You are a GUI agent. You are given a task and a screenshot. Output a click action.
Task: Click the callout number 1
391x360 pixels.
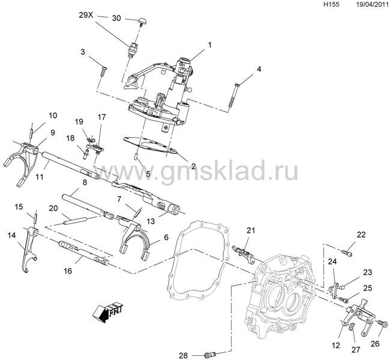pyautogui.click(x=210, y=45)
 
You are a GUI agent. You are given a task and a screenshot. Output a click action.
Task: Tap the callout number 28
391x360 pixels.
pyautogui.click(x=183, y=356)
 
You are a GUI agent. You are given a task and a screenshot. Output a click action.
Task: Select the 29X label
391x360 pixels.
pyautogui.click(x=86, y=15)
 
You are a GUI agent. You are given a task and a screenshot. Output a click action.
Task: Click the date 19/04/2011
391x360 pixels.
pyautogui.click(x=372, y=4)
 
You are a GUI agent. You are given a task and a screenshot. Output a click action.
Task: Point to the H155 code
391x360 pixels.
pyautogui.click(x=331, y=4)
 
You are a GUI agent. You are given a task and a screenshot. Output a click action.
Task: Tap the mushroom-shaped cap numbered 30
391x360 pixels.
pyautogui.click(x=142, y=22)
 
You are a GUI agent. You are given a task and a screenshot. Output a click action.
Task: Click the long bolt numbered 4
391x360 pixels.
pyautogui.click(x=233, y=96)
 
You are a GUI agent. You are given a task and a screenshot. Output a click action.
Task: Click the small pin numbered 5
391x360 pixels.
pyautogui.click(x=136, y=157)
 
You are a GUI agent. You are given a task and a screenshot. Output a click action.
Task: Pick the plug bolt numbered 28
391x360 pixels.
pyautogui.click(x=210, y=354)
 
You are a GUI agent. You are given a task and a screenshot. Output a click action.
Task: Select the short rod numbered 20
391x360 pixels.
pyautogui.click(x=75, y=221)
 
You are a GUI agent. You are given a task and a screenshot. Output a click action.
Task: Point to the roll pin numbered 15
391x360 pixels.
pyautogui.click(x=35, y=216)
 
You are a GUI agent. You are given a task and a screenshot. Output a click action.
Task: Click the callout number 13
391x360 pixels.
pyautogui.click(x=151, y=221)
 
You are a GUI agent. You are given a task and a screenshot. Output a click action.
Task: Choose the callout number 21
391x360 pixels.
pyautogui.click(x=251, y=230)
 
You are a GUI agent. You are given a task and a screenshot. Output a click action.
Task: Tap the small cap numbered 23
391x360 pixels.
pyautogui.click(x=342, y=287)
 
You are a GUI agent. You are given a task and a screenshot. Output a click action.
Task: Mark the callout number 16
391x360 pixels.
pyautogui.click(x=68, y=271)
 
